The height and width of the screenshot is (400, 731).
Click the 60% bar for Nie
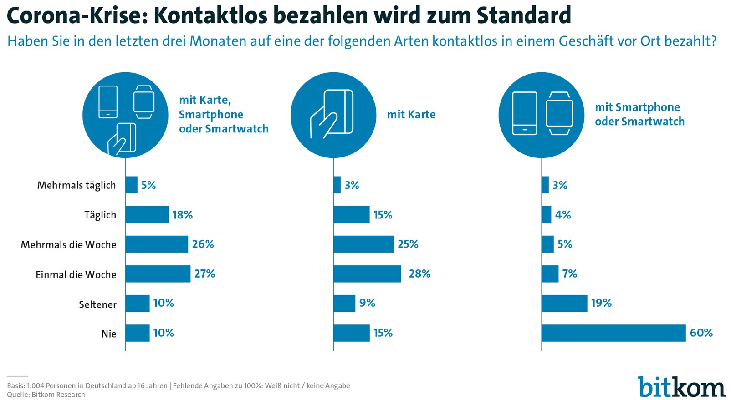pyautogui.click(x=613, y=333)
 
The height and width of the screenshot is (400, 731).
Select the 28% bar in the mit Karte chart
pyautogui.click(x=367, y=274)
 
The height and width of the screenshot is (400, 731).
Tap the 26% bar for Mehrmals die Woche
pyautogui.click(x=156, y=244)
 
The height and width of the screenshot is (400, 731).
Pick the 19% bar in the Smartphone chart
pyautogui.click(x=564, y=304)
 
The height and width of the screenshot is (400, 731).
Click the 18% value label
pyautogui.click(x=182, y=215)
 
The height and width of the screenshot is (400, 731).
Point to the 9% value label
pyautogui.click(x=367, y=303)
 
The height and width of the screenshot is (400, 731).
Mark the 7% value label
pyautogui.click(x=569, y=274)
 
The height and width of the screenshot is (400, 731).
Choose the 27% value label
pyautogui.click(x=204, y=274)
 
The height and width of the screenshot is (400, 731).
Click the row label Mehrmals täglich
pyautogui.click(x=77, y=185)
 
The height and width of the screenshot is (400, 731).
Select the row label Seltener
pyautogui.click(x=97, y=304)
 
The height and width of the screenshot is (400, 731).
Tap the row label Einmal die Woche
pyautogui.click(x=76, y=275)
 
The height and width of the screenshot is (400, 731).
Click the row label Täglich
pyautogui.click(x=100, y=215)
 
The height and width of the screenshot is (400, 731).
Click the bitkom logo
pyautogui.click(x=681, y=387)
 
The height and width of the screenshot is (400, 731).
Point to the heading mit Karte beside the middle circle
pyautogui.click(x=411, y=115)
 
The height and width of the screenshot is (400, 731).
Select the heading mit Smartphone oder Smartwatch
pyautogui.click(x=639, y=114)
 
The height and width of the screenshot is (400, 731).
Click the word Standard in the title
pyautogui.click(x=524, y=15)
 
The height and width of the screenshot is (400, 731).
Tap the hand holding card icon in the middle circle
pyautogui.click(x=332, y=114)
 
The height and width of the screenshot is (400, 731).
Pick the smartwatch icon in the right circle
pyautogui.click(x=559, y=114)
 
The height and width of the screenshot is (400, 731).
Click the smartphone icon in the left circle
pyautogui.click(x=108, y=102)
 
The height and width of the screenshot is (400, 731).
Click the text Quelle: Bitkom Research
pyautogui.click(x=46, y=395)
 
